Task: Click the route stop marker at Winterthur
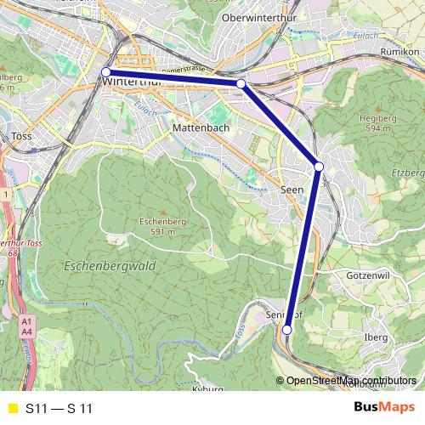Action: (x=106, y=72)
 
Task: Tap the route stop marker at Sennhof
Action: (x=287, y=330)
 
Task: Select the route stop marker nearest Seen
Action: (x=319, y=167)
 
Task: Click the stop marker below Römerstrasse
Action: (x=241, y=83)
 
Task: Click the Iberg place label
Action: (x=375, y=337)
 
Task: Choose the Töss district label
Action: (x=21, y=136)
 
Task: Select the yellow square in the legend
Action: (x=11, y=409)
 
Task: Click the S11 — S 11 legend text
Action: (x=58, y=409)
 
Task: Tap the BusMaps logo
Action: (x=383, y=407)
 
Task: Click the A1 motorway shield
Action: (x=26, y=321)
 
